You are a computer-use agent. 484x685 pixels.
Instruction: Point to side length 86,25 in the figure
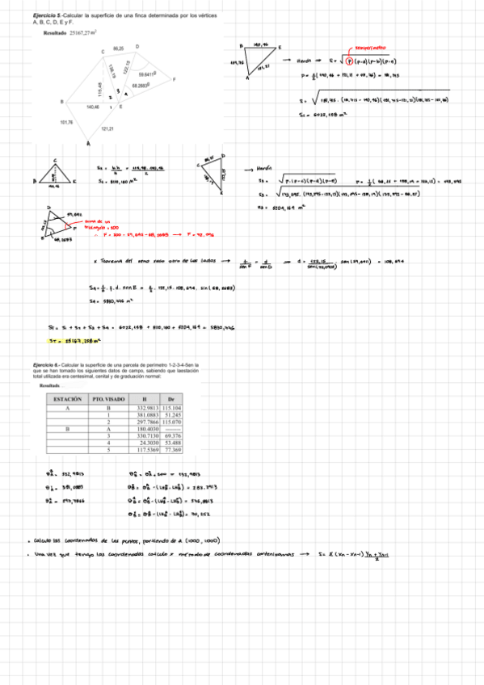118,49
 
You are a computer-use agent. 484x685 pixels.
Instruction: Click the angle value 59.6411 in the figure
147,74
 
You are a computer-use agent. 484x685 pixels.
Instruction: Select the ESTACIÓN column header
67,400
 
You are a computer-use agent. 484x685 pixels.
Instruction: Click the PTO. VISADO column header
107,400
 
